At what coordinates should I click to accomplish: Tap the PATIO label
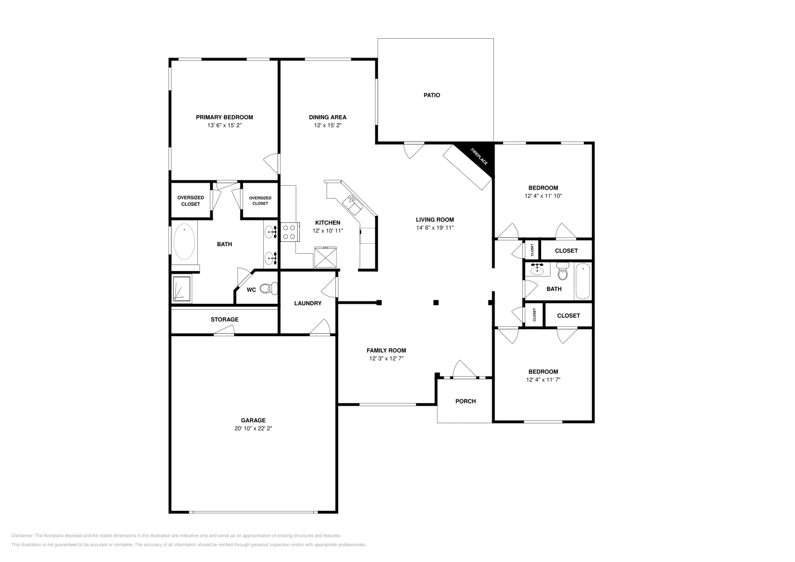tap(431, 95)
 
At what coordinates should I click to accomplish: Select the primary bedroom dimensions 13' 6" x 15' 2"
tap(224, 126)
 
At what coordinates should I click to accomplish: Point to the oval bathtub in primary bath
tap(185, 242)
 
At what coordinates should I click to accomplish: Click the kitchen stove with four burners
tap(289, 232)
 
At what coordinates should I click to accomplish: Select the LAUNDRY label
tap(308, 303)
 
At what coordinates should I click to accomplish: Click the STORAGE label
tap(224, 319)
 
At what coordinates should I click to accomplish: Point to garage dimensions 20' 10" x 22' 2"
tap(253, 428)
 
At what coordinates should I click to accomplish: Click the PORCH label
tap(466, 401)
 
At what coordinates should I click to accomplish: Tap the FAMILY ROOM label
tap(386, 350)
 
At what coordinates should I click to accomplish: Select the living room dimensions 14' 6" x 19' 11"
tap(435, 227)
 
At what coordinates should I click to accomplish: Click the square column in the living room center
tap(436, 302)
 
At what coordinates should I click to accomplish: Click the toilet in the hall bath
tap(562, 273)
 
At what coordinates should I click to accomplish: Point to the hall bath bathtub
tap(583, 281)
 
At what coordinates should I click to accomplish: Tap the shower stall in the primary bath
tap(181, 289)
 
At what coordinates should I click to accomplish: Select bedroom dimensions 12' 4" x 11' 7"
tap(543, 379)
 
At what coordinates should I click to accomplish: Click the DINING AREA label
tap(327, 117)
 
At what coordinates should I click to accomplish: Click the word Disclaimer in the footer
tap(21, 536)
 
